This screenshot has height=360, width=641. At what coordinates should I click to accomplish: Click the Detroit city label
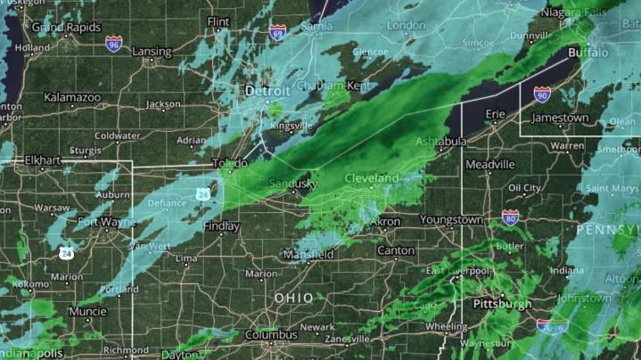[x=268, y=92]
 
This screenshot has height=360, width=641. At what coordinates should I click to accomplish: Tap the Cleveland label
[x=372, y=179]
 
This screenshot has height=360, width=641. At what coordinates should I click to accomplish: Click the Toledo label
[x=230, y=164]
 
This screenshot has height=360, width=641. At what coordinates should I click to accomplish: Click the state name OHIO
[x=294, y=298]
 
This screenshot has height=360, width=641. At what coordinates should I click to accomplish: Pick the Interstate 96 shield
[x=113, y=44]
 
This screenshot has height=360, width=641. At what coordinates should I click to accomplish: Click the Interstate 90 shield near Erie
[x=542, y=94]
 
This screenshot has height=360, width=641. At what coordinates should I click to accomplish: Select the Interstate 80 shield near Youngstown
[x=510, y=217]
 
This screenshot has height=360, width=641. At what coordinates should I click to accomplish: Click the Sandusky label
[x=293, y=184]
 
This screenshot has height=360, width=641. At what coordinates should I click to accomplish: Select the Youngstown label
[x=453, y=219]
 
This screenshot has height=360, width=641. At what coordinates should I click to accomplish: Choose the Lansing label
[x=152, y=52]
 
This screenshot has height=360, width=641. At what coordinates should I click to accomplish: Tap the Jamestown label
[x=560, y=118]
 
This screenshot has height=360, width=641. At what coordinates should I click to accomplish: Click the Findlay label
[x=222, y=227]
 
